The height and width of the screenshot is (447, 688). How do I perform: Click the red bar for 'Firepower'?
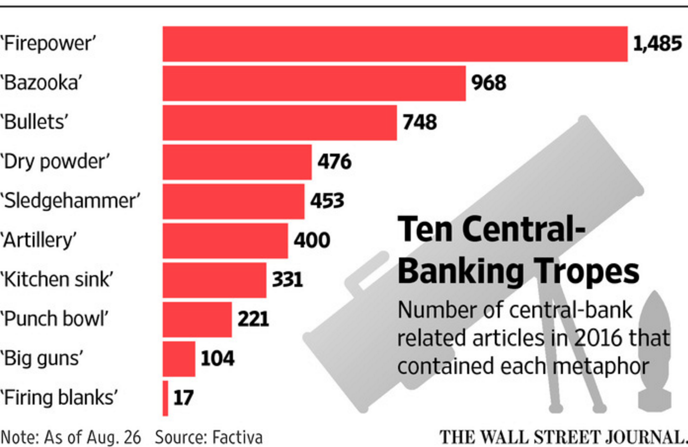(394, 44)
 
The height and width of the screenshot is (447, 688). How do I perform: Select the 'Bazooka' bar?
(314, 83)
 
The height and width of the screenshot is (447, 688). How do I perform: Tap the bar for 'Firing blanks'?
(166, 398)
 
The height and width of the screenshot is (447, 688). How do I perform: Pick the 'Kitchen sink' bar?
(214, 280)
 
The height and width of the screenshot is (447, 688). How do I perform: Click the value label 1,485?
(658, 44)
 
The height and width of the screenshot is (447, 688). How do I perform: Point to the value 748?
(420, 122)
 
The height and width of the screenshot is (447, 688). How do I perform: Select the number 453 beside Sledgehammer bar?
(327, 201)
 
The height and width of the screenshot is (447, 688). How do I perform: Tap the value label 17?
(183, 398)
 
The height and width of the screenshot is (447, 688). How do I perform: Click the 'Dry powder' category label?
(54, 162)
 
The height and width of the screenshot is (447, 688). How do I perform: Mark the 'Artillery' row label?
(39, 241)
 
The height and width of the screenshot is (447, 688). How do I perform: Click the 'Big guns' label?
(43, 358)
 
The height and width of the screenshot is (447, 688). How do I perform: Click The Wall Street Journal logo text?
(563, 436)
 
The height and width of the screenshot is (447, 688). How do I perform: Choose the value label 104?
(217, 358)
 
